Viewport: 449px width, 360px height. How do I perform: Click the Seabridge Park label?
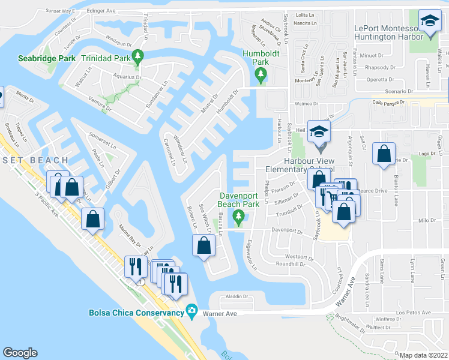coord(47,58)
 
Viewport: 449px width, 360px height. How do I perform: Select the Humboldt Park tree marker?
coord(260,76)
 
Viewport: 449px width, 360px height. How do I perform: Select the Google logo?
coord(20,352)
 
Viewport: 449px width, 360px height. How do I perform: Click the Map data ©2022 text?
coord(423,355)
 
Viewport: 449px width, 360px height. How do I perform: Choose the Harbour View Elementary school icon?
coord(320,131)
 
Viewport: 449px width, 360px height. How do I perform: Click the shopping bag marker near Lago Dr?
coord(384,154)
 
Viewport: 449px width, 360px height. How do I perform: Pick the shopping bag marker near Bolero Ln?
coord(203,245)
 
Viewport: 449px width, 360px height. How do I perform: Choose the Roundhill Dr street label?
coord(291,264)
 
